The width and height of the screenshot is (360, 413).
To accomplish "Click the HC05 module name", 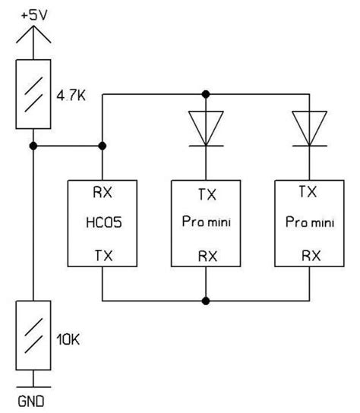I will click(x=102, y=225).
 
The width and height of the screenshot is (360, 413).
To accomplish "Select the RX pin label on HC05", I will click(x=102, y=193).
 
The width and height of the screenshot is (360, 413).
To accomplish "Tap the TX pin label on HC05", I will click(x=102, y=257).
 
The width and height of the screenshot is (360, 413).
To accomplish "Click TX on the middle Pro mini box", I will click(x=205, y=194).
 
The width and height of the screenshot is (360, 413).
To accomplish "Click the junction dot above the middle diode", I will click(x=205, y=94).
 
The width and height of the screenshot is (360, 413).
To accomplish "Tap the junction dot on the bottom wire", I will click(x=205, y=301).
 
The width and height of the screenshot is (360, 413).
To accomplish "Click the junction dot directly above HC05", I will click(x=102, y=145).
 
